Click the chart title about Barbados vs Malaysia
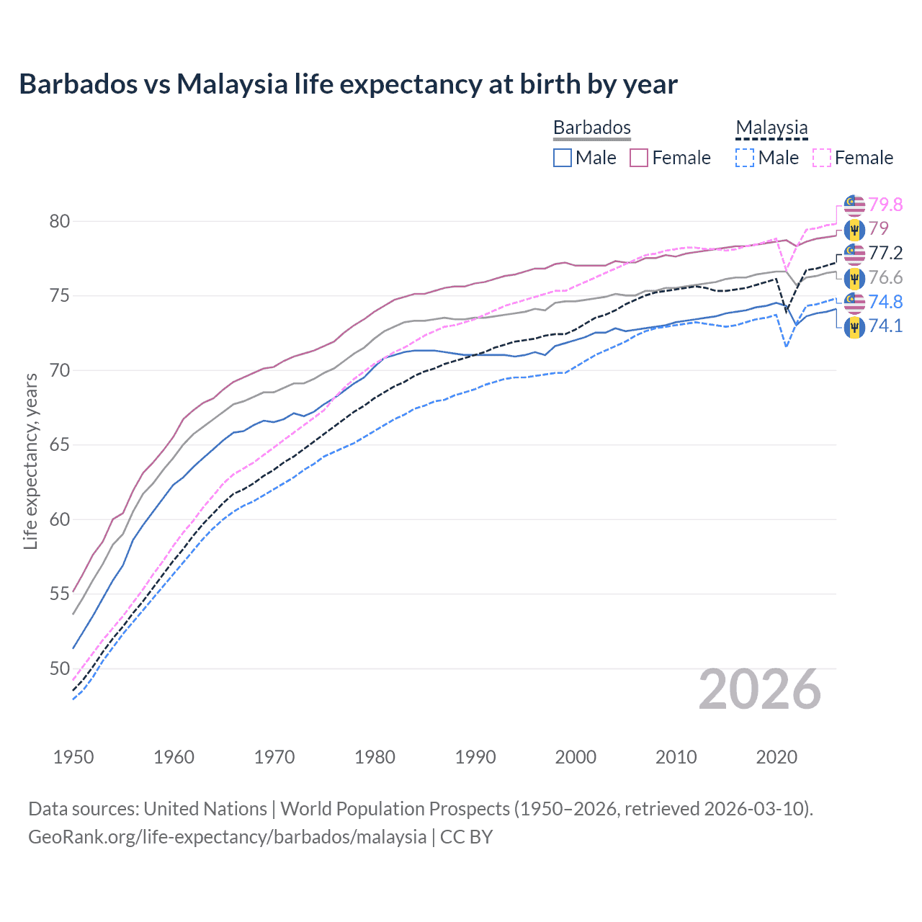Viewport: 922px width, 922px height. coord(348,84)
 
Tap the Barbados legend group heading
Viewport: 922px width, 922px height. coord(591,127)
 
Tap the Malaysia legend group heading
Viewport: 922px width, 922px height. coord(771,127)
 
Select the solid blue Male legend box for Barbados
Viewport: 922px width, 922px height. coord(563,158)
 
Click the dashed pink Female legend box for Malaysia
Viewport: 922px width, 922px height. coord(822,158)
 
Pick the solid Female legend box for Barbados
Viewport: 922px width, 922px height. coord(639,158)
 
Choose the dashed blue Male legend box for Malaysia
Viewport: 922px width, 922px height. coord(745,158)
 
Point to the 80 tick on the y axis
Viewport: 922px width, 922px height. coord(60,221)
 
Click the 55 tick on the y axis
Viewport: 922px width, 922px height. coord(60,594)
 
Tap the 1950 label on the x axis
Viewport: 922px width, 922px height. coord(73,757)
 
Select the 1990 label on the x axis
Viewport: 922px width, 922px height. coord(475,757)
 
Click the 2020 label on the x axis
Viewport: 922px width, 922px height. coord(776,757)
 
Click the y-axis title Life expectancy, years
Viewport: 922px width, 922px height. coord(31,461)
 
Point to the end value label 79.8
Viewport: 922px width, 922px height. coord(885,205)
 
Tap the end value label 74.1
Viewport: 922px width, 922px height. coord(885,326)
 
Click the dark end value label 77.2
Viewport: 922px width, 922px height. coord(885,253)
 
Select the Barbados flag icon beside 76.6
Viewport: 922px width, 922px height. coord(854,278)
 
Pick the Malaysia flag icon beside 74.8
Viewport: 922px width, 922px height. coord(854,303)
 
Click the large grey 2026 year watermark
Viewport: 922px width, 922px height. coord(760,689)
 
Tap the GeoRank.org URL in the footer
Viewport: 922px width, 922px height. coord(227,837)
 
